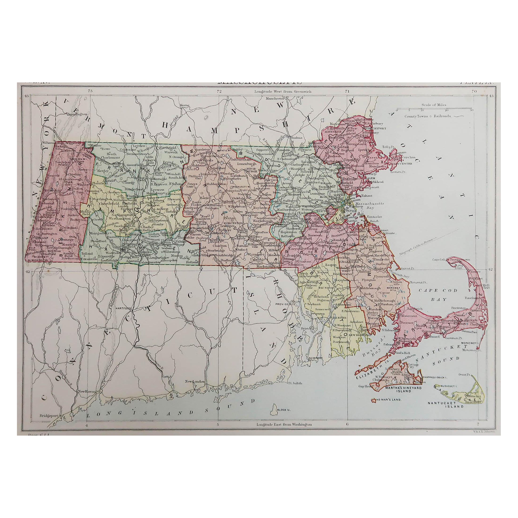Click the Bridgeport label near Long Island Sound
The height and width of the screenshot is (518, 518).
(x=47, y=416)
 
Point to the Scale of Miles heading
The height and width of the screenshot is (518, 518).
(x=434, y=105)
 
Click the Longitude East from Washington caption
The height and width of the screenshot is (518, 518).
(x=284, y=425)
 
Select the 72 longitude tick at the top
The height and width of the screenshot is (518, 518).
(x=219, y=91)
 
